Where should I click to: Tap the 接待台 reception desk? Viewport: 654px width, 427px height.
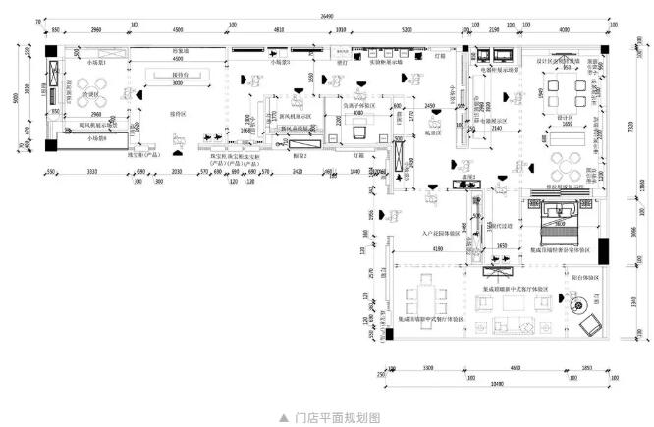[181, 77]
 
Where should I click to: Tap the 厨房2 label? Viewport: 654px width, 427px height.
[300, 155]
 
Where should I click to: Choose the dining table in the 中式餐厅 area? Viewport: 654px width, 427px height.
[428, 296]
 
